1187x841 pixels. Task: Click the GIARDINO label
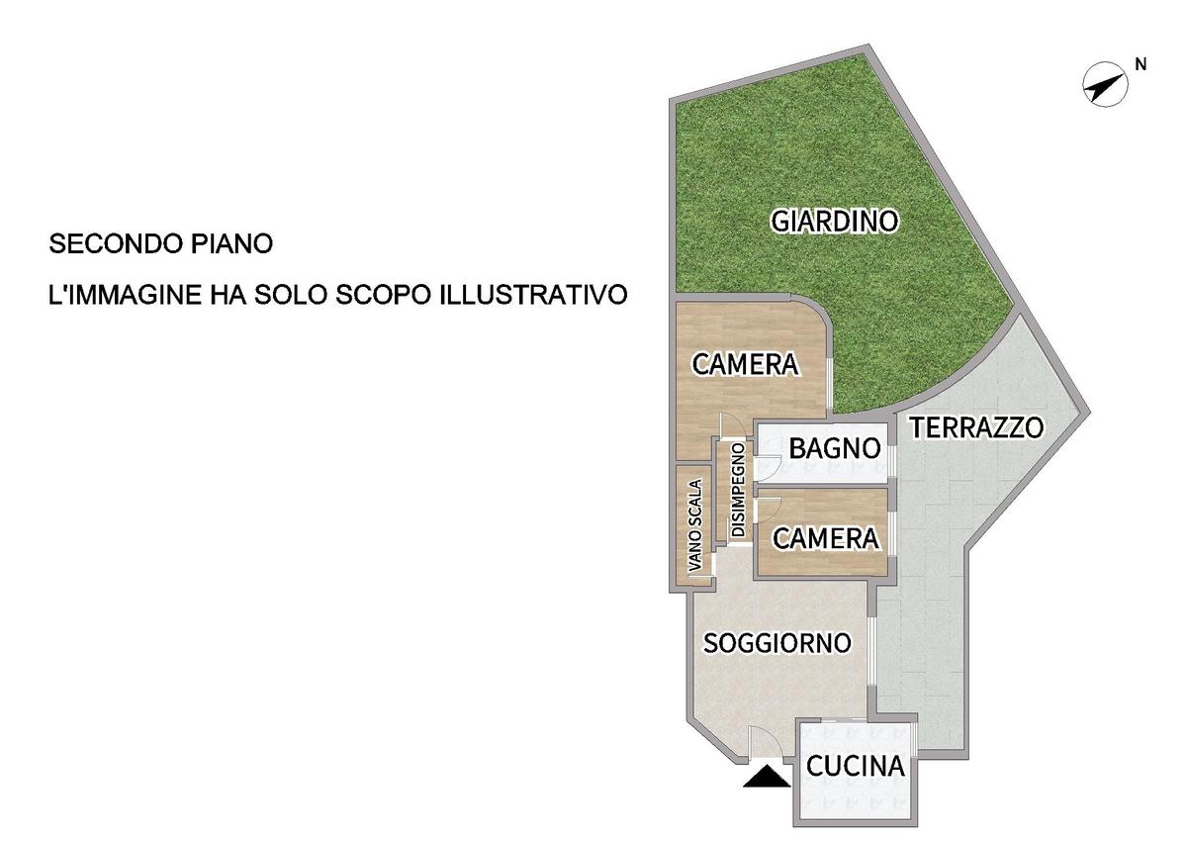pyautogui.click(x=835, y=222)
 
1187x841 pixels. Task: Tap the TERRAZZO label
pyautogui.click(x=976, y=427)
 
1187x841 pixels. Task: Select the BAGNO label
pyautogui.click(x=835, y=448)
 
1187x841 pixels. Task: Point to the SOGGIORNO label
pyautogui.click(x=776, y=643)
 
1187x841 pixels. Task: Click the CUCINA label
pyautogui.click(x=855, y=766)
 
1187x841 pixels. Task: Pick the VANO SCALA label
pyautogui.click(x=694, y=525)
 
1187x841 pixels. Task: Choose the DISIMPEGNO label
pyautogui.click(x=738, y=490)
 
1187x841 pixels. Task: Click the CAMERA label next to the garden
pyautogui.click(x=745, y=364)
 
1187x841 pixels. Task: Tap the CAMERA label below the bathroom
pyautogui.click(x=826, y=538)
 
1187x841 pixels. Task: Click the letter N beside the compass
pyautogui.click(x=1141, y=64)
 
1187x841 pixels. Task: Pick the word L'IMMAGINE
pyautogui.click(x=125, y=295)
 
